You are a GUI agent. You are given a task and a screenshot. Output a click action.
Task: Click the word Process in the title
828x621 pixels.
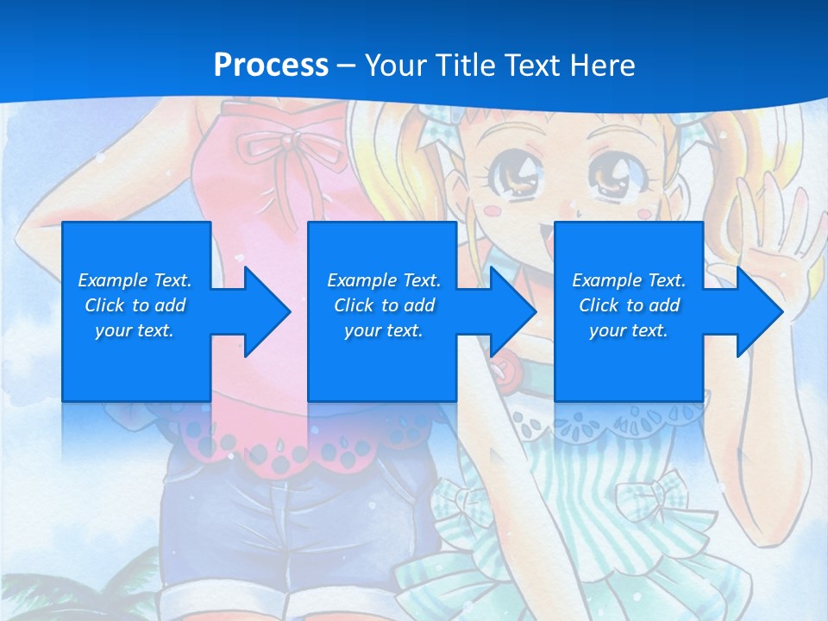point(271,66)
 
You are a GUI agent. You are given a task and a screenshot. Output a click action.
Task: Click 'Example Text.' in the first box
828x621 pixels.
point(135,280)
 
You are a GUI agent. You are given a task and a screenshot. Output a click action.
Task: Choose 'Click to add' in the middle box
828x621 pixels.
point(384,305)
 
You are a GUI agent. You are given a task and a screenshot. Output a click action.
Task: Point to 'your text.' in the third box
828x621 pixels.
point(629,330)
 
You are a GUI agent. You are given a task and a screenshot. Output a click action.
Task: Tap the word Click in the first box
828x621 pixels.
point(105,305)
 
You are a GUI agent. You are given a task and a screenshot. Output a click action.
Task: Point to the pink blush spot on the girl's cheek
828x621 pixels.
point(491,210)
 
